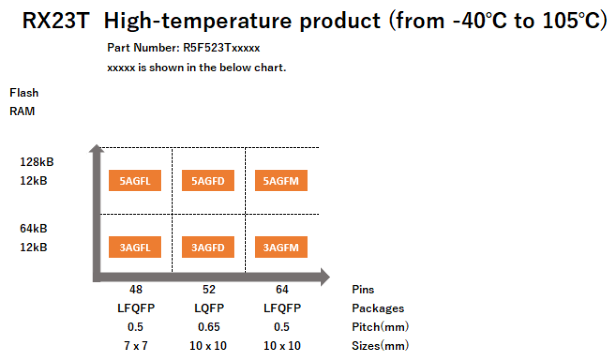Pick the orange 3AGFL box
[135, 248]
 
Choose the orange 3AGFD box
[208, 248]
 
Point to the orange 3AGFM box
[281, 248]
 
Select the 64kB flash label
[34, 229]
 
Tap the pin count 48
[136, 289]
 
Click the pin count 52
[209, 289]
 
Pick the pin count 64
[282, 289]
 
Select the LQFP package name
[209, 308]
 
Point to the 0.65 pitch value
[209, 327]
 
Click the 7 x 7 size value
[136, 346]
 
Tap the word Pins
[363, 289]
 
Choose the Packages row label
[378, 309]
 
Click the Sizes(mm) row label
[380, 346]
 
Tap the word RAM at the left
[23, 111]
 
